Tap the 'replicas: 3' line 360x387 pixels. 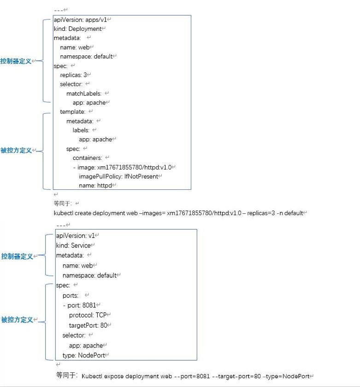tap(74, 75)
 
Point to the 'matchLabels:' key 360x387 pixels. tap(83, 94)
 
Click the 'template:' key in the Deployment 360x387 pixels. tap(72, 112)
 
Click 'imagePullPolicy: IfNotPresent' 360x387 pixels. tap(120, 176)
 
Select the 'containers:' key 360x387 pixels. tap(87, 158)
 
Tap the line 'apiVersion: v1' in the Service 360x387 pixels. tap(75, 235)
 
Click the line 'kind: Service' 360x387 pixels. tap(73, 246)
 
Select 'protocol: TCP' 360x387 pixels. tap(88, 315)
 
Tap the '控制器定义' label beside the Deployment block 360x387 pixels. tap(16, 61)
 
